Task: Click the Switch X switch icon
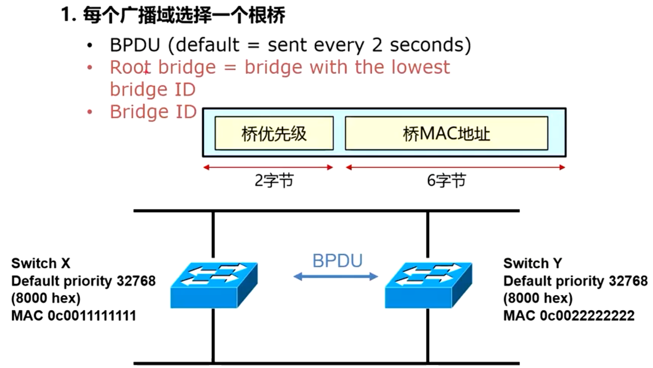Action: pos(214,285)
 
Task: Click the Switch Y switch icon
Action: pos(428,285)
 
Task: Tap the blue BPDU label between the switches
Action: pos(337,261)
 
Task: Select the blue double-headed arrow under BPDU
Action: pos(336,277)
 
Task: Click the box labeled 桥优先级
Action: pos(274,134)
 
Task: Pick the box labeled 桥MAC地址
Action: pos(446,134)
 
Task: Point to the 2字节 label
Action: pos(274,181)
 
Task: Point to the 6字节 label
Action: pos(446,181)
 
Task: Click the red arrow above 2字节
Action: pos(268,167)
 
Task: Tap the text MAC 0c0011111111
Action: pos(74,315)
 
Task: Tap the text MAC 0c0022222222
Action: pos(569,315)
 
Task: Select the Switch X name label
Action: pos(41,263)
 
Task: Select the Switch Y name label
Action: pos(532,263)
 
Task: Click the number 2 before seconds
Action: pos(377,45)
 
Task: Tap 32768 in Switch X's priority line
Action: pos(136,281)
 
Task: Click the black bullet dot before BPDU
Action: pos(90,46)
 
